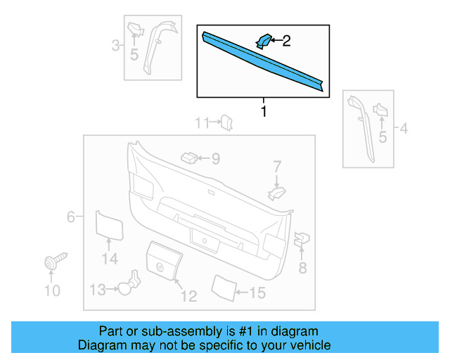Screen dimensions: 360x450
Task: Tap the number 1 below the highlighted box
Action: [264, 111]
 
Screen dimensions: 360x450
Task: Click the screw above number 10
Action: [53, 262]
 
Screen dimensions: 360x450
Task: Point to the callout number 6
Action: [71, 217]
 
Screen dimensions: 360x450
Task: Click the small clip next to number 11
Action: [227, 124]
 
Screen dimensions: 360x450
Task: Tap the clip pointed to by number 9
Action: [188, 157]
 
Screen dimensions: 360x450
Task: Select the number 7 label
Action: [277, 167]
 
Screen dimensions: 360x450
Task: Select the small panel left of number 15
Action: [224, 287]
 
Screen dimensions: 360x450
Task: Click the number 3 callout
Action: [115, 46]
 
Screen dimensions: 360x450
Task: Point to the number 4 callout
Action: [404, 129]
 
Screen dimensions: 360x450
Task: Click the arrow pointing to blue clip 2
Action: [276, 41]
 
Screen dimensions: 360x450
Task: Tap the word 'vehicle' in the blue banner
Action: [309, 345]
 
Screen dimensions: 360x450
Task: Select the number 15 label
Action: [257, 293]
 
